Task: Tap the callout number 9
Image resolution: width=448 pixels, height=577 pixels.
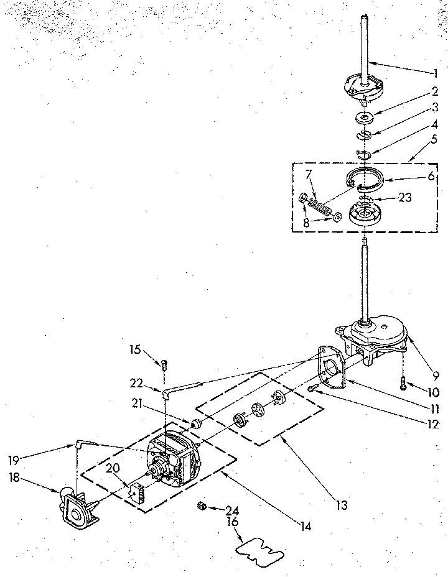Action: (435, 376)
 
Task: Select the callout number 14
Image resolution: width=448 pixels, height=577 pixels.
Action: (304, 527)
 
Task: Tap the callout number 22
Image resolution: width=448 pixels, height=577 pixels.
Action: (137, 382)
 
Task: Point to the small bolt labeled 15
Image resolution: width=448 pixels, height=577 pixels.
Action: (164, 365)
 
